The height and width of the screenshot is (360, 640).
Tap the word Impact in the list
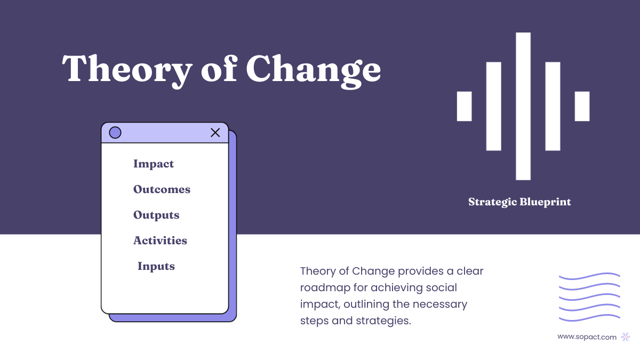tap(154, 164)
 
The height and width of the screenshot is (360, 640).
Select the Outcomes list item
tap(162, 189)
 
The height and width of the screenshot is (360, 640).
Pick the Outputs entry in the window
tap(156, 215)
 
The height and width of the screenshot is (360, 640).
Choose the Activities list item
tap(160, 241)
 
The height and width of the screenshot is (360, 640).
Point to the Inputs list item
tap(156, 266)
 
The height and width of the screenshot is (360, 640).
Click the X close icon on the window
tap(215, 133)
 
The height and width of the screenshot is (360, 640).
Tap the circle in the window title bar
tap(115, 133)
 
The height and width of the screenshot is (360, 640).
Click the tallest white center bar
tap(523, 106)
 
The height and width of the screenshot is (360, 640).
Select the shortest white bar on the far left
tap(464, 106)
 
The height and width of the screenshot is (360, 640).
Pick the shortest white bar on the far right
tap(582, 106)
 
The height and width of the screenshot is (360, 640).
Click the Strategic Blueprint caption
tap(519, 202)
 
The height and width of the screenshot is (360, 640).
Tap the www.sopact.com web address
tap(587, 337)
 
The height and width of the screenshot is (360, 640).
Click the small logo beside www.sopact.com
tap(626, 337)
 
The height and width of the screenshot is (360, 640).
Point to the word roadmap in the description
tap(324, 288)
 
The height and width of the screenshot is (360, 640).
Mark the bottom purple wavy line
tap(589, 318)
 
